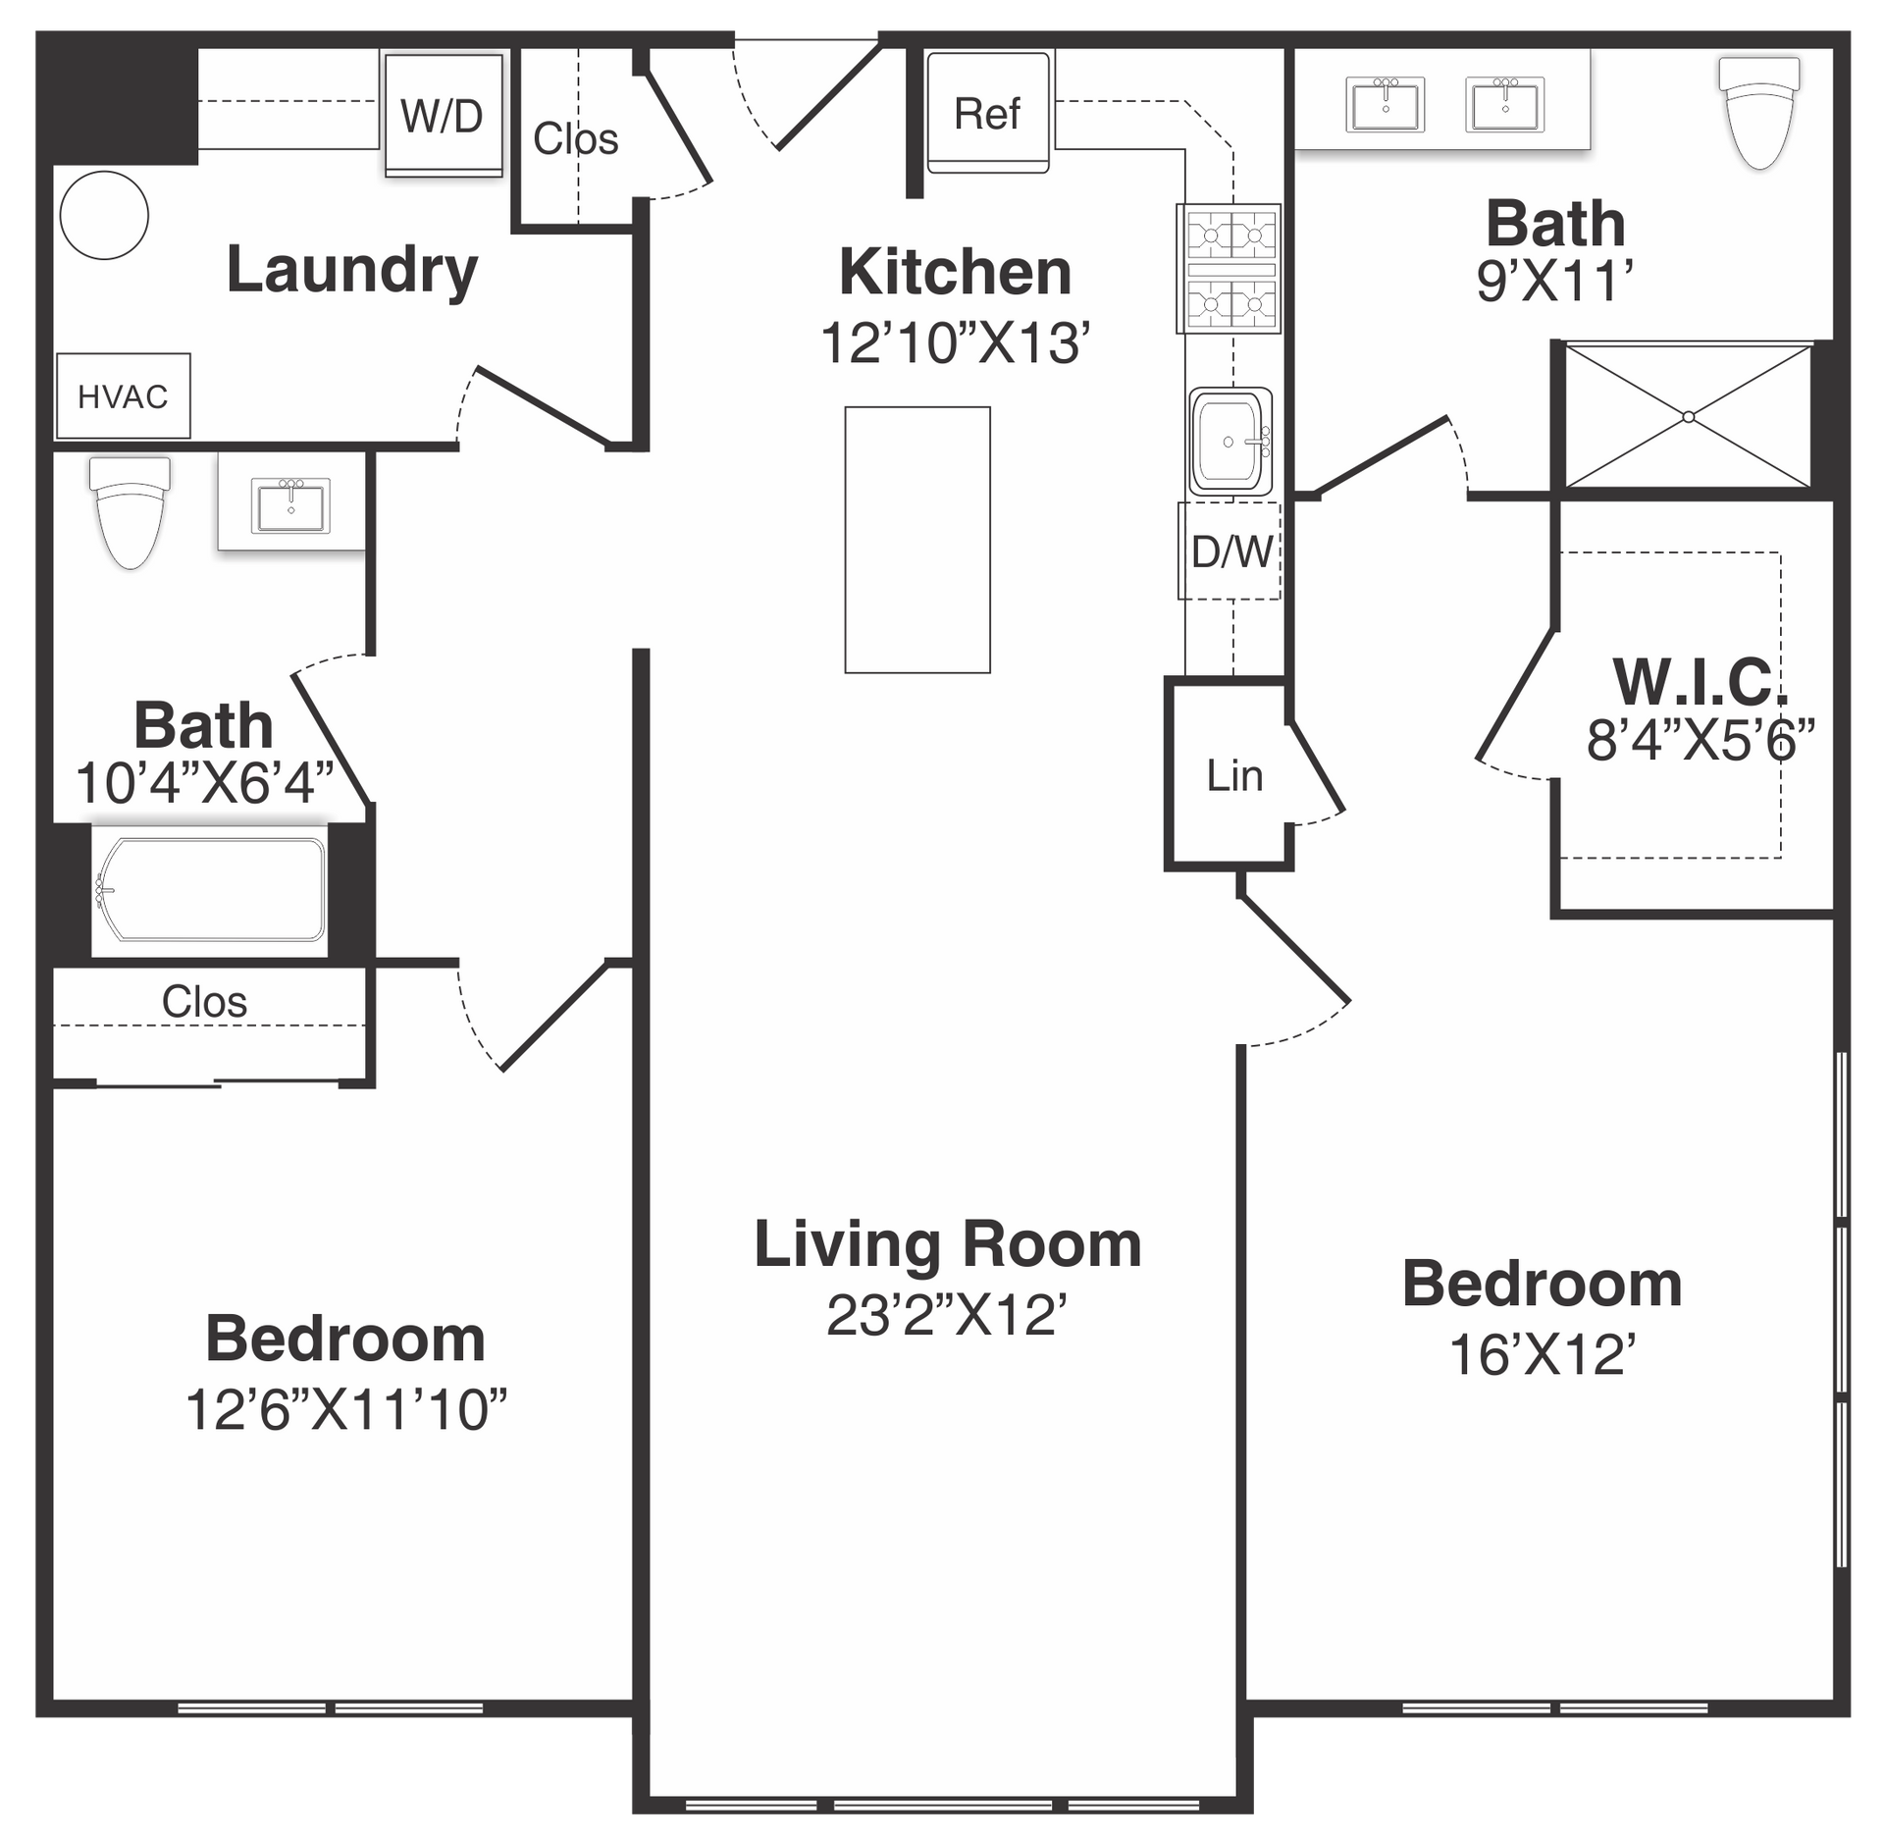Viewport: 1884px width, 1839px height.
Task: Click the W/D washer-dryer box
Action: (x=444, y=115)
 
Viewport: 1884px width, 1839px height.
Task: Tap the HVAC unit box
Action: (x=124, y=395)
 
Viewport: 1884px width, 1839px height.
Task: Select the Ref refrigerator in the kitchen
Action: (x=988, y=113)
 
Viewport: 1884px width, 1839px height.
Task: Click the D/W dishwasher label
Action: (x=1230, y=552)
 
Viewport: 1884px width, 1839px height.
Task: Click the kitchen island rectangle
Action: (x=917, y=540)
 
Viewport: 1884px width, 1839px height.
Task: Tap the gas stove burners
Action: (x=1230, y=269)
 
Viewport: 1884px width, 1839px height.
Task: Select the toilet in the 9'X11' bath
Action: (x=1759, y=112)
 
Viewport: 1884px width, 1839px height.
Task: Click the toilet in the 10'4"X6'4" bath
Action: (x=130, y=512)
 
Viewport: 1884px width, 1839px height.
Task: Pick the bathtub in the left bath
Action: (x=210, y=890)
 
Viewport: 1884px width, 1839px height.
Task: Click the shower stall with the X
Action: (x=1688, y=415)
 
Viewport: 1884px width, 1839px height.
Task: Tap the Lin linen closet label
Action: (x=1234, y=776)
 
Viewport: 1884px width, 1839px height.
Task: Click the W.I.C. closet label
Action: (x=1701, y=681)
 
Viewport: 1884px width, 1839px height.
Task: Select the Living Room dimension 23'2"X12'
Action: (x=946, y=1315)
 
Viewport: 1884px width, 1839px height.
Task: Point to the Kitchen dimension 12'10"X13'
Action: (x=955, y=343)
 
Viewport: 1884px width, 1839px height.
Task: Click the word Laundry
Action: (x=352, y=270)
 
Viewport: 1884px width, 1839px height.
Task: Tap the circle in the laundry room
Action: (x=104, y=215)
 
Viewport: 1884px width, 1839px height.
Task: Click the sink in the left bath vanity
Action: (x=291, y=505)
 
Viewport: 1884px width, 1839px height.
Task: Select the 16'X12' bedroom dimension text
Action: (x=1543, y=1355)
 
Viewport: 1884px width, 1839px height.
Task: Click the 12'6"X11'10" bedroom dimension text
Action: (x=346, y=1409)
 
